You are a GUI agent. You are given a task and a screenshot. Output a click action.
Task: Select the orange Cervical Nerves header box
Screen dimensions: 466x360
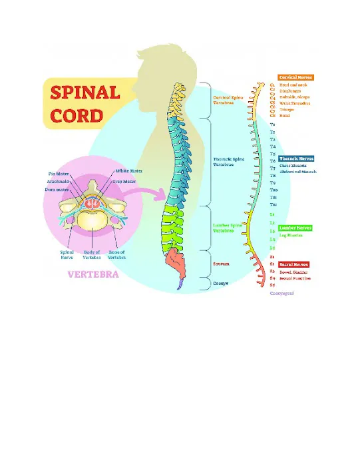pyautogui.click(x=295, y=78)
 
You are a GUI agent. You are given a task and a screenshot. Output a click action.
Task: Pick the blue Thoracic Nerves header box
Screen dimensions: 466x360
pyautogui.click(x=297, y=159)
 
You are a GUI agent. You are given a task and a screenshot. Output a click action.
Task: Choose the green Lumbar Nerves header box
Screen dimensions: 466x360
pyautogui.click(x=296, y=228)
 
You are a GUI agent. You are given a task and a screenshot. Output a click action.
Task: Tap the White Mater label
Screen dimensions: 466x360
pyautogui.click(x=128, y=172)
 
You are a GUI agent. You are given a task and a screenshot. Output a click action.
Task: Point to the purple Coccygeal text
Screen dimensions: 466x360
pyautogui.click(x=281, y=293)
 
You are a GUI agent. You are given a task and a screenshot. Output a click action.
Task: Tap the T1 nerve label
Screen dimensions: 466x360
pyautogui.click(x=273, y=124)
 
